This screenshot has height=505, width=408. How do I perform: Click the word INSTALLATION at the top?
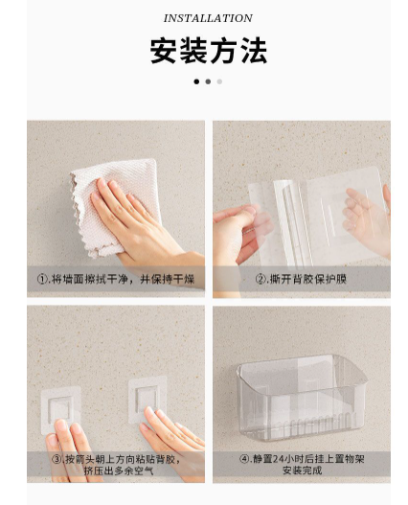pyautogui.click(x=208, y=18)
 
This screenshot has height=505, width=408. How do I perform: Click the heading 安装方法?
pyautogui.click(x=209, y=51)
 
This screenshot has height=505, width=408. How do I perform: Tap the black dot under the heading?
pyautogui.click(x=196, y=81)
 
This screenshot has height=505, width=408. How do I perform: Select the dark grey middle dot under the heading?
pyautogui.click(x=208, y=81)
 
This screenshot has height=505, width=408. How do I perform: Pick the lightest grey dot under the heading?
pyautogui.click(x=219, y=81)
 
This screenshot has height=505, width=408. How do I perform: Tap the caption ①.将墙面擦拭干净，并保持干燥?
pyautogui.click(x=116, y=279)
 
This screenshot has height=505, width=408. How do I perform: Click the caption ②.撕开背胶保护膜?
pyautogui.click(x=302, y=279)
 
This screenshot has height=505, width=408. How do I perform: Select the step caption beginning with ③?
pyautogui.click(x=116, y=465)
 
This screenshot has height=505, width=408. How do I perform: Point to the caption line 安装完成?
pyautogui.click(x=302, y=471)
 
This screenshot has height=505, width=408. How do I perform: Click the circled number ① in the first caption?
pyautogui.click(x=42, y=279)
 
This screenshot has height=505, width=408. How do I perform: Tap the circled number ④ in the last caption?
pyautogui.click(x=244, y=459)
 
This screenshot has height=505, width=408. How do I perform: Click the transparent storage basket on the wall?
pyautogui.click(x=302, y=398)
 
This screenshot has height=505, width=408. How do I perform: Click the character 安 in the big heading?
pyautogui.click(x=163, y=51)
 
